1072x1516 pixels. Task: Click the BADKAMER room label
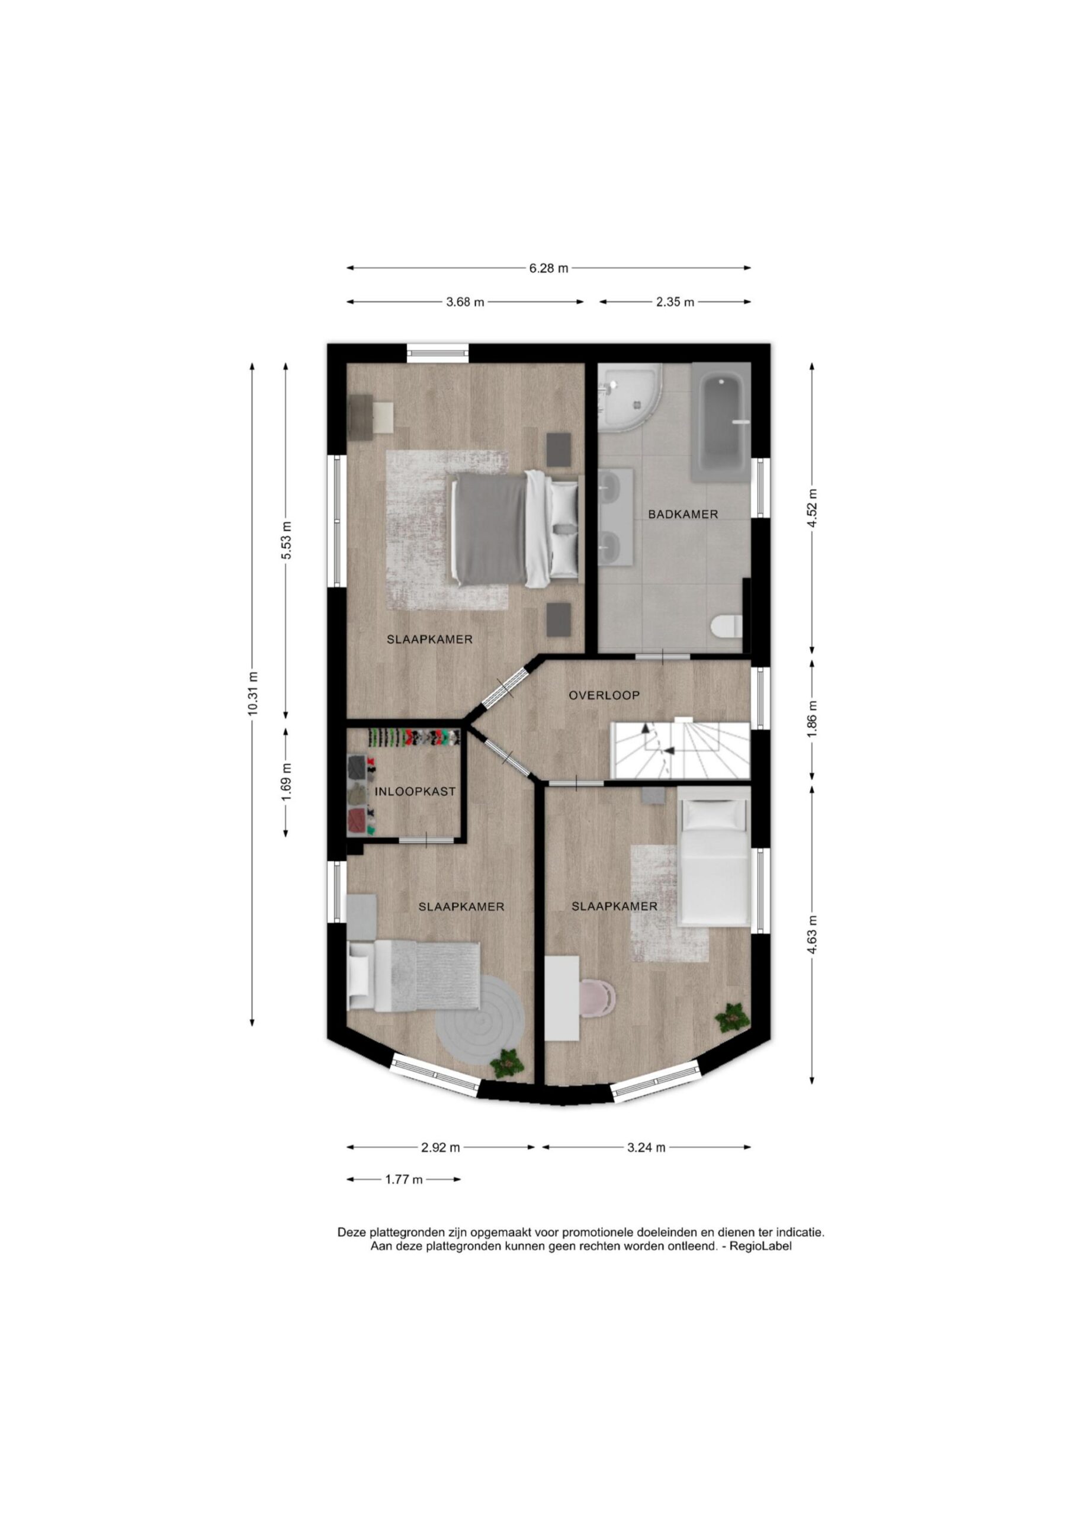(x=682, y=515)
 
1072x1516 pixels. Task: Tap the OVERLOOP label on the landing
(x=604, y=695)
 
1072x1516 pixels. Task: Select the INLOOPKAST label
(x=415, y=792)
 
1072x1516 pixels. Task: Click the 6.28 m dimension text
(x=548, y=269)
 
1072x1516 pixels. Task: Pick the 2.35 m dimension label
(x=675, y=303)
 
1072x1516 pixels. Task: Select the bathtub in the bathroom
(x=721, y=422)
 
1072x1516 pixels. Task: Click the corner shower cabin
(x=628, y=397)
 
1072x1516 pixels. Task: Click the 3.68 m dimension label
(x=465, y=303)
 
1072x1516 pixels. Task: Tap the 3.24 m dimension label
(x=646, y=1148)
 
